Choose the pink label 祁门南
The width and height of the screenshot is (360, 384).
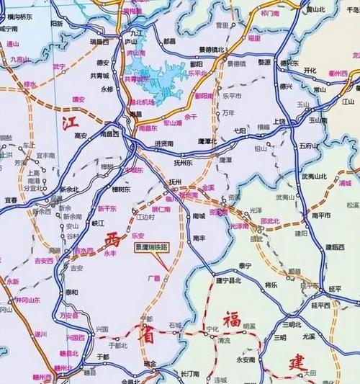point(269,13)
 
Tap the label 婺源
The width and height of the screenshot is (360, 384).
point(264,63)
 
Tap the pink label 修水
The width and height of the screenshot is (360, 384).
point(30,84)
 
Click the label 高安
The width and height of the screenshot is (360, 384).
point(81,135)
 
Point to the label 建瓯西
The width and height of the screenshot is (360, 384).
point(335,246)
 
